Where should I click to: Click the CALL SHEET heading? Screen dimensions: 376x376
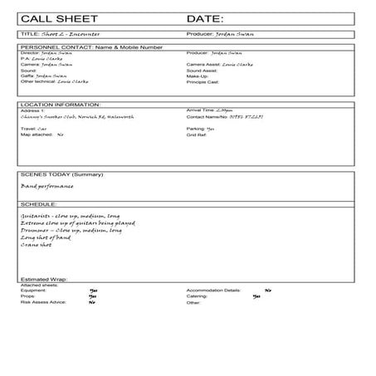(56, 18)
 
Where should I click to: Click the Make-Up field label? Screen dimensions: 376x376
(198, 76)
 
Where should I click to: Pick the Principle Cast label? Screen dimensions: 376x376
(203, 82)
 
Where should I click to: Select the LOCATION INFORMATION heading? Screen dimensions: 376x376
(60, 105)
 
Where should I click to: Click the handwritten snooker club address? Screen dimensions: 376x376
(73, 117)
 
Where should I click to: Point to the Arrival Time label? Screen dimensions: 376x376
(202, 110)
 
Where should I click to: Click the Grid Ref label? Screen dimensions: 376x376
(198, 134)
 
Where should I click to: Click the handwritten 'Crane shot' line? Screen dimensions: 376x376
(38, 245)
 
